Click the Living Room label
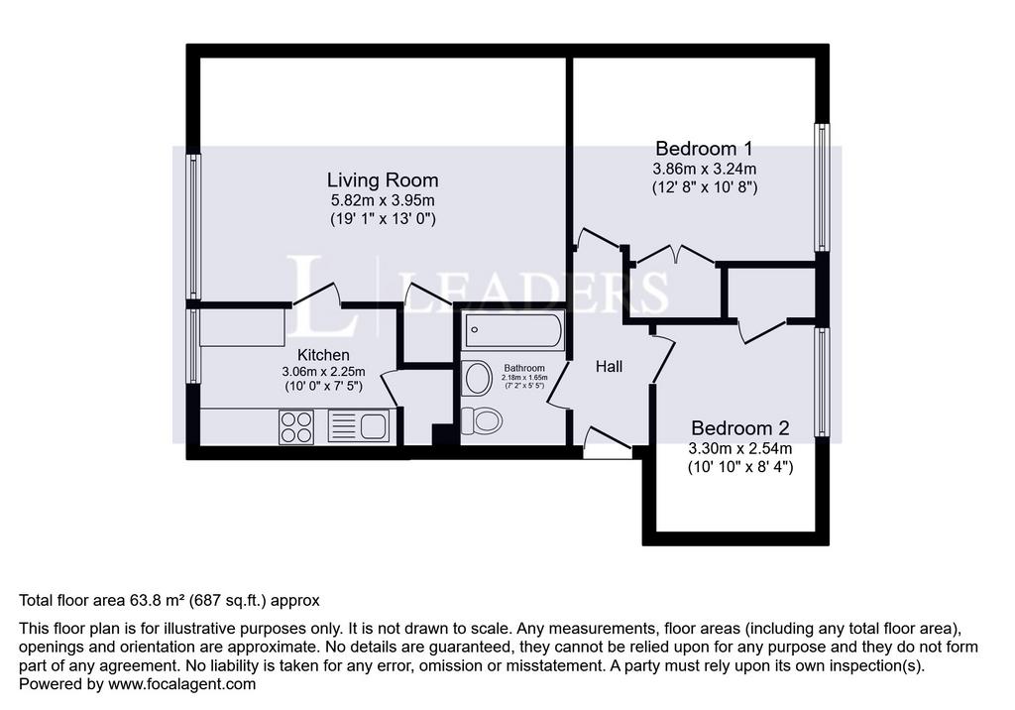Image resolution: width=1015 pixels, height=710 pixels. [382, 179]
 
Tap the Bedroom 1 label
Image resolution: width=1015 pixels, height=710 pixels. [705, 149]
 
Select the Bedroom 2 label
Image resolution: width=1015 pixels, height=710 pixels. [739, 428]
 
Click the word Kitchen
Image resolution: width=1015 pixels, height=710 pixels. [323, 355]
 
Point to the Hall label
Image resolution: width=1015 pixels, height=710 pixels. [610, 367]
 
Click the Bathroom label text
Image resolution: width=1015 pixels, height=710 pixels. [524, 368]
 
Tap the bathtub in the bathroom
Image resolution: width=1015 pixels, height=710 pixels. [514, 330]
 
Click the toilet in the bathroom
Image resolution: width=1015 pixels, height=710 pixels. [481, 421]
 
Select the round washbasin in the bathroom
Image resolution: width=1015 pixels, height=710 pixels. [478, 379]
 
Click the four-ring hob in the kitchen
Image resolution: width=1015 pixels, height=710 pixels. [296, 427]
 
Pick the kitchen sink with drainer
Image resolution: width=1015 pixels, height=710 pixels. [359, 426]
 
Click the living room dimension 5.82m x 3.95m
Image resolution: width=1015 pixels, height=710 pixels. [383, 200]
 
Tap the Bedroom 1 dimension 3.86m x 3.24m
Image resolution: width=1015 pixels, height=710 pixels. [705, 170]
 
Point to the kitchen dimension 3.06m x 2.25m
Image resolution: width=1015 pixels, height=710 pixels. [323, 372]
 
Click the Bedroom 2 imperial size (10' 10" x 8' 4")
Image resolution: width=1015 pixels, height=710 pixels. [739, 466]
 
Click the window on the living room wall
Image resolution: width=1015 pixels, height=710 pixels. [193, 226]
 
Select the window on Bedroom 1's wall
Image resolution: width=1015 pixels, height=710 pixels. [822, 187]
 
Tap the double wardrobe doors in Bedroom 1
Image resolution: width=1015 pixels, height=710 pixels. [676, 254]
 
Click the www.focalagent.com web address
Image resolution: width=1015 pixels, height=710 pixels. [182, 684]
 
